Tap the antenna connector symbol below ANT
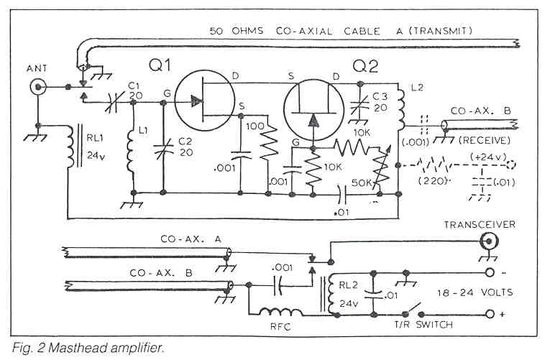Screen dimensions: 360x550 [x=37, y=88]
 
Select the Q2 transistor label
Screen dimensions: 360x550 [x=365, y=67]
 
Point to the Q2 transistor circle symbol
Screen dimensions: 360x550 [x=312, y=103]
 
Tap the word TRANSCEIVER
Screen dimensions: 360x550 [x=489, y=224]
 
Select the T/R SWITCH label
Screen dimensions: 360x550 [x=423, y=325]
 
